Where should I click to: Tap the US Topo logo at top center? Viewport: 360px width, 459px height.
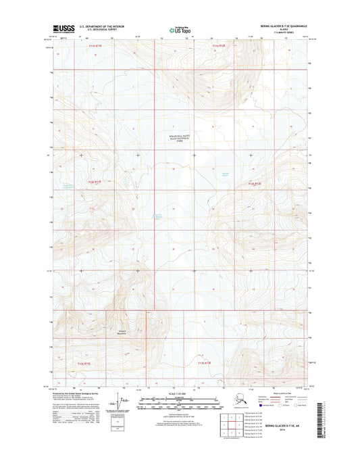tap(180, 29)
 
